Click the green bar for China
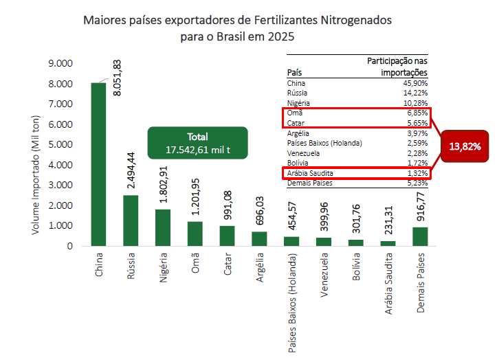pos(99,164)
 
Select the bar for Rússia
pos(131,221)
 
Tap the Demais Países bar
pos(421,236)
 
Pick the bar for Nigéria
pos(163,227)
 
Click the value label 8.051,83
pos(118,77)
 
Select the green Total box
pos(197,142)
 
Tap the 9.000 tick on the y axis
pos(60,63)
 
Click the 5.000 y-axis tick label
pos(60,144)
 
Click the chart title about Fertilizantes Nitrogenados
pos(237,28)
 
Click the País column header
pos(294,72)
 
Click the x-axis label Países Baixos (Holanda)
pos(291,302)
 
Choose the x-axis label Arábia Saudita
pos(389,289)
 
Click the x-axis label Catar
pos(227,267)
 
